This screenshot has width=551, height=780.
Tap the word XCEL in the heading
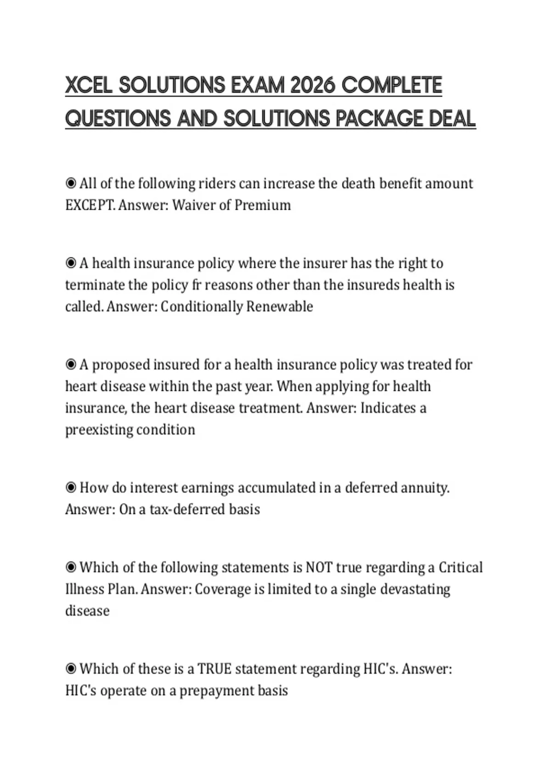click(89, 85)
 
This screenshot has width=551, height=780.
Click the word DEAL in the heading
click(452, 119)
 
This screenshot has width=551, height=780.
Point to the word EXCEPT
click(90, 205)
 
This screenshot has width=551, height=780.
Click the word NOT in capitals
click(319, 568)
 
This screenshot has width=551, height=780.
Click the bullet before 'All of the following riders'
click(71, 184)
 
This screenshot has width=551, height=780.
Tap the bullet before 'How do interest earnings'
click(71, 488)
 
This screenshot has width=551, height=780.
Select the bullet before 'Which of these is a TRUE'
click(71, 669)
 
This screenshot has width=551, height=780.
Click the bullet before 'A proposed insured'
click(71, 365)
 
